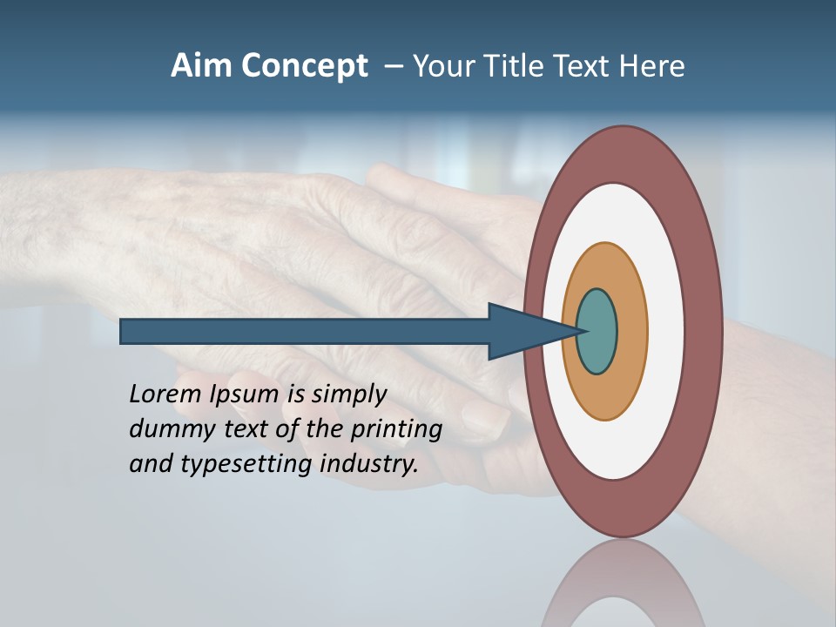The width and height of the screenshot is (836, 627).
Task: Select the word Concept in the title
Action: [305, 67]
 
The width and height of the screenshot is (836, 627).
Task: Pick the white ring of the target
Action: [665, 331]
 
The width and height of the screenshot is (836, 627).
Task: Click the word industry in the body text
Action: [368, 464]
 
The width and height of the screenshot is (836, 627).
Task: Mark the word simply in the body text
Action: [347, 395]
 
